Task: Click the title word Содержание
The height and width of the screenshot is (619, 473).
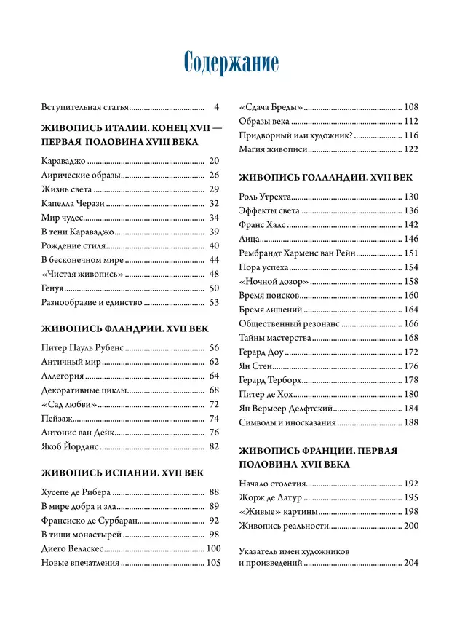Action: pos(231,63)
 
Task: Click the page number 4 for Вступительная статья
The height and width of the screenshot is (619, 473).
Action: pos(216,106)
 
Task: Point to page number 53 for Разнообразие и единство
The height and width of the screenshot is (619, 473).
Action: pos(214,302)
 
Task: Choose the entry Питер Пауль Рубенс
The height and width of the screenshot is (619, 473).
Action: pos(84,348)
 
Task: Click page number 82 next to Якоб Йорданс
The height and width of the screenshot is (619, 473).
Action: pos(214,446)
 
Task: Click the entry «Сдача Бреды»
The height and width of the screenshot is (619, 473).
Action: pos(271,106)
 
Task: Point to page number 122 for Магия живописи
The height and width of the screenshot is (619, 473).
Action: pos(411,149)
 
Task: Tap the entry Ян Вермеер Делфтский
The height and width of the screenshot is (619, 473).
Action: pos(286,409)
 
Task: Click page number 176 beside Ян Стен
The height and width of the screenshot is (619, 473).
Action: pos(411,366)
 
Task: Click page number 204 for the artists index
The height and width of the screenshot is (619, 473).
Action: pos(411,563)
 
